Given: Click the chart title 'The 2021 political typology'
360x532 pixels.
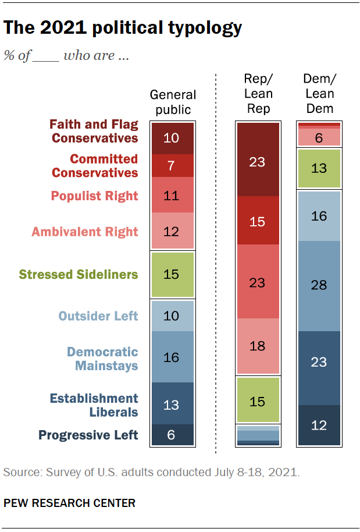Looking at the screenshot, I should pyautogui.click(x=123, y=27).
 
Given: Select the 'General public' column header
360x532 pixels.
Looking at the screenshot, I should pyautogui.click(x=173, y=102).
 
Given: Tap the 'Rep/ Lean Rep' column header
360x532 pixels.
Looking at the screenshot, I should pyautogui.click(x=259, y=94).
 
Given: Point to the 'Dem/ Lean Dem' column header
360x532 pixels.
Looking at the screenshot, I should pyautogui.click(x=320, y=94).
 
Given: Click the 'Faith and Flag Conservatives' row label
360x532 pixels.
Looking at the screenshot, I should pyautogui.click(x=94, y=132).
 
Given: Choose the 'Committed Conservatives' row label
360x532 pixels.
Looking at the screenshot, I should pyautogui.click(x=95, y=166).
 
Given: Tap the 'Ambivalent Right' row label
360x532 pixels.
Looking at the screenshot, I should pyautogui.click(x=85, y=232).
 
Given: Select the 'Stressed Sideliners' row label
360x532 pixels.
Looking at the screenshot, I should pyautogui.click(x=79, y=274).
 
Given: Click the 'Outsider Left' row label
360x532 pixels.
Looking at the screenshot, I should pyautogui.click(x=98, y=316).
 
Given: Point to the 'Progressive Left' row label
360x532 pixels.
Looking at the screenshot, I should pyautogui.click(x=88, y=435).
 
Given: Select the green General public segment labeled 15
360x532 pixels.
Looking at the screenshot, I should pyautogui.click(x=172, y=274).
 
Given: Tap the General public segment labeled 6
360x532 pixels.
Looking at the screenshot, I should pyautogui.click(x=172, y=435).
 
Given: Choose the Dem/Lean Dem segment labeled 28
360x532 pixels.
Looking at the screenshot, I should pyautogui.click(x=319, y=285).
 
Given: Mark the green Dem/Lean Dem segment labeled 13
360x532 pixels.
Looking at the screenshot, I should pyautogui.click(x=319, y=169).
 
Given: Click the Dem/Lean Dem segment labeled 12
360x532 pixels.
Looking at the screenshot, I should pyautogui.click(x=319, y=425).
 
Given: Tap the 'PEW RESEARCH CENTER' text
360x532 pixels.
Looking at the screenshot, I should pyautogui.click(x=69, y=503).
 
